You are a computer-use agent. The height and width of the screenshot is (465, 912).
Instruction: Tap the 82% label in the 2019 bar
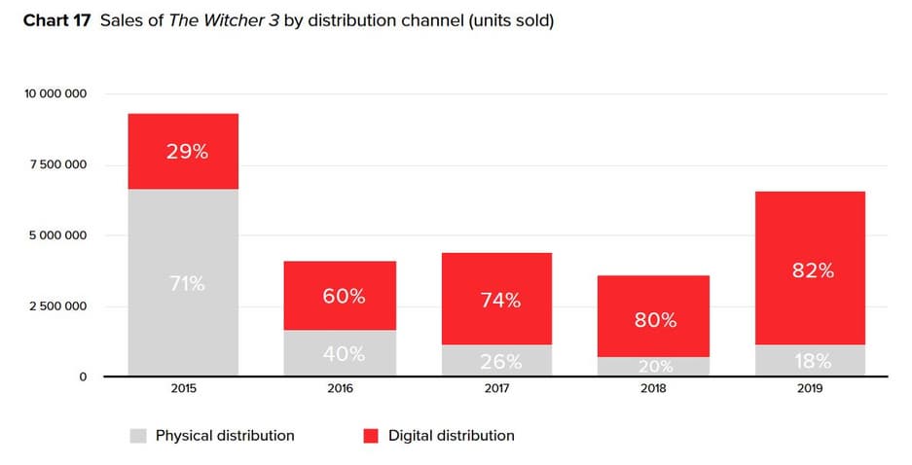811,271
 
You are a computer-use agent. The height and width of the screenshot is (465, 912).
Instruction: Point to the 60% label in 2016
340,296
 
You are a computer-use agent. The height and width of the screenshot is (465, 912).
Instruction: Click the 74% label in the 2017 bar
496,301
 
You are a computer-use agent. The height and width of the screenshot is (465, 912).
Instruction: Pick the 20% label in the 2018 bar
655,366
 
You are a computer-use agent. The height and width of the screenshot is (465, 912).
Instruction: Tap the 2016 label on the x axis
340,389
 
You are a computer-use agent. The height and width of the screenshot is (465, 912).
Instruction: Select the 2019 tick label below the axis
811,389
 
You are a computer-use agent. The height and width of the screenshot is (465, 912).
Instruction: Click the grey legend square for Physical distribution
137,436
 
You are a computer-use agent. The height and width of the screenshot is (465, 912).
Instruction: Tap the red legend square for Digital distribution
370,436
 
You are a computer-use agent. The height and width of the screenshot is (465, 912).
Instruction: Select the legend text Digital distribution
451,436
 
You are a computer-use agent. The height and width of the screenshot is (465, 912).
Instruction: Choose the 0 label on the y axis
82,376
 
